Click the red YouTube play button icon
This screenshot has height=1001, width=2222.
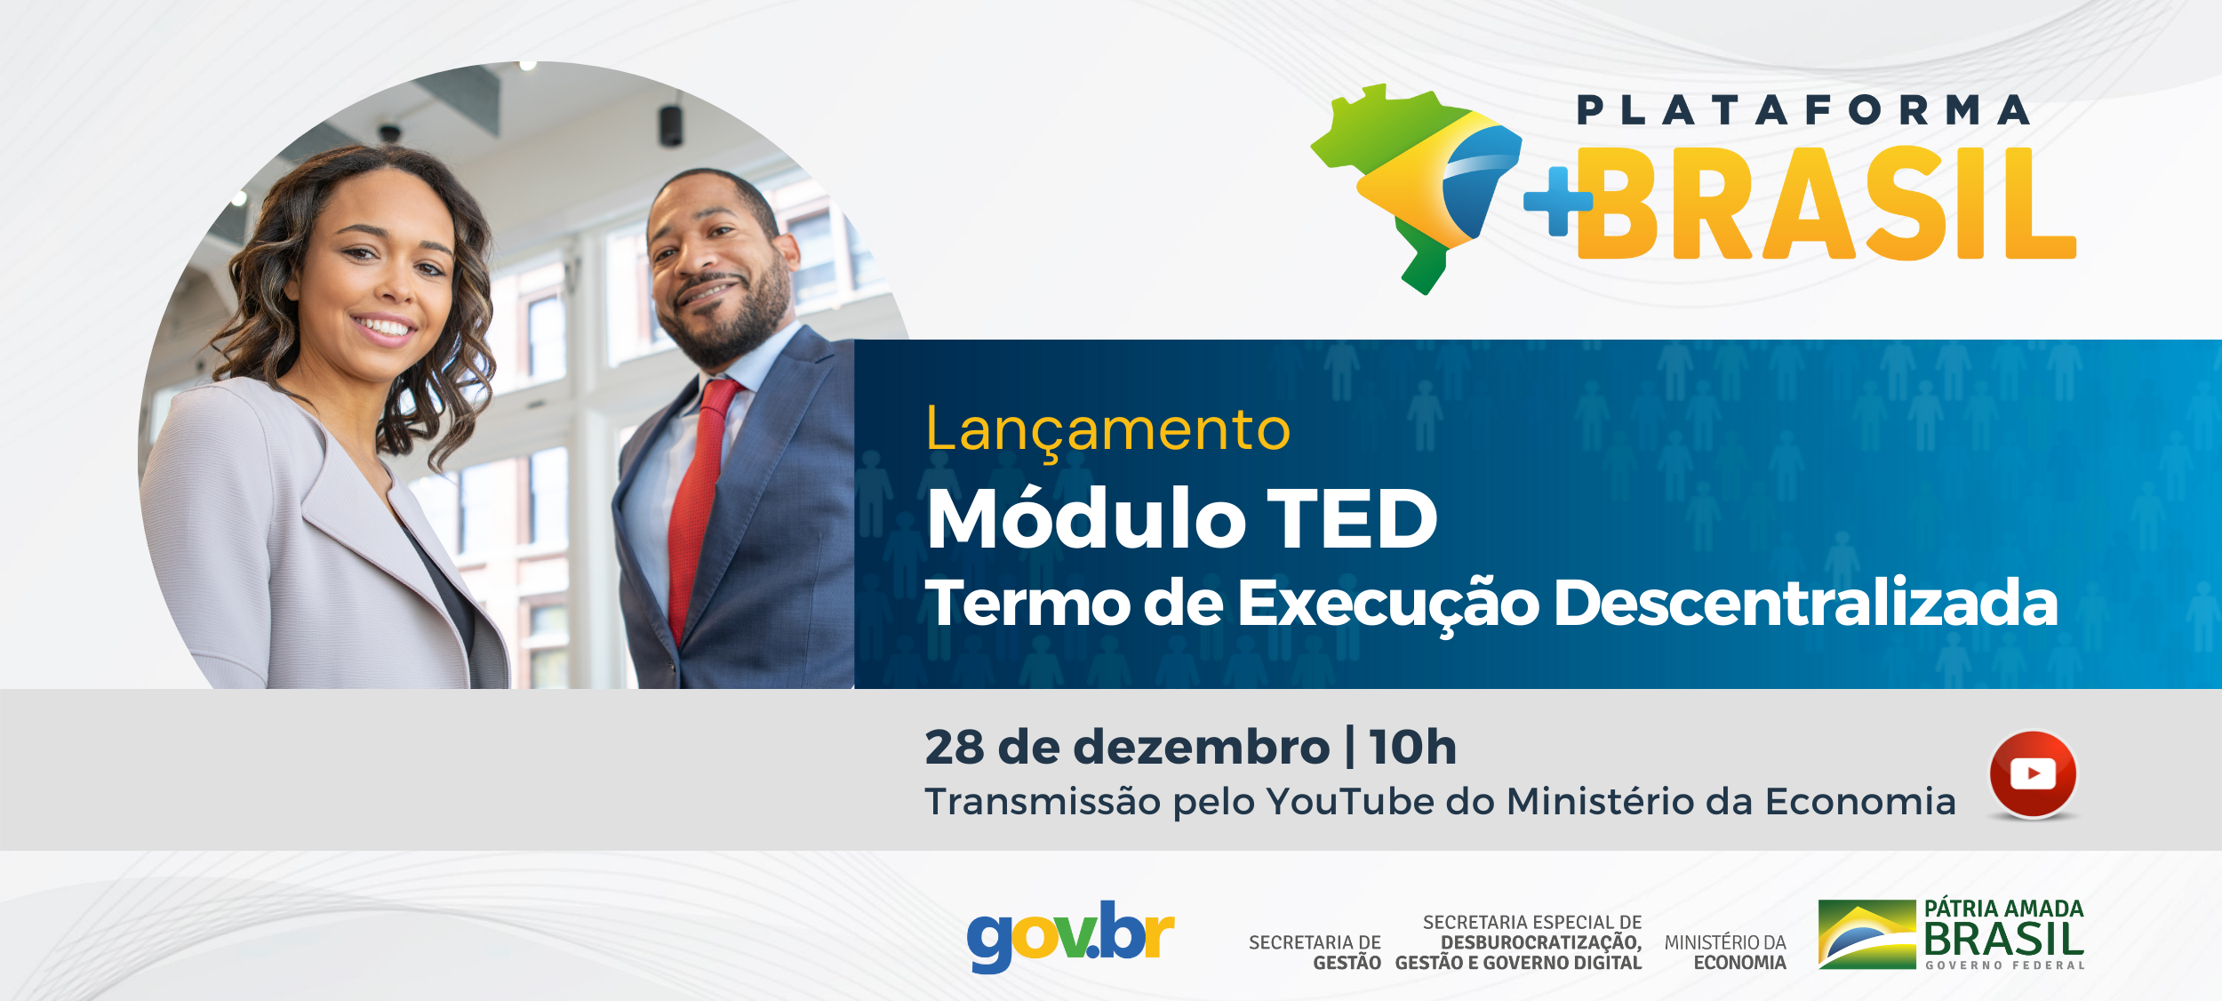pyautogui.click(x=2033, y=773)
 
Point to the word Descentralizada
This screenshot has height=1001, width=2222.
pyautogui.click(x=1805, y=604)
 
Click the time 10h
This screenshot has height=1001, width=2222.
pyautogui.click(x=1413, y=747)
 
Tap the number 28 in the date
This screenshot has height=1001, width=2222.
pyautogui.click(x=955, y=747)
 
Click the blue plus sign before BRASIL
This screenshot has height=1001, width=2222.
pyautogui.click(x=1557, y=202)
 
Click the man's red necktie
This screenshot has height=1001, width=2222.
pyautogui.click(x=702, y=507)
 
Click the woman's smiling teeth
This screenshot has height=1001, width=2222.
pyautogui.click(x=383, y=327)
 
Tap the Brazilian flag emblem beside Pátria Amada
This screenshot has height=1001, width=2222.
pyautogui.click(x=1866, y=934)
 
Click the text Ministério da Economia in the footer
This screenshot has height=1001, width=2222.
pyautogui.click(x=1725, y=952)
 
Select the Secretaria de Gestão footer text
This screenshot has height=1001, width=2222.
pyautogui.click(x=1315, y=952)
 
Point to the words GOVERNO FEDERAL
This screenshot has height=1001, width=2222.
pyautogui.click(x=2005, y=965)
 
